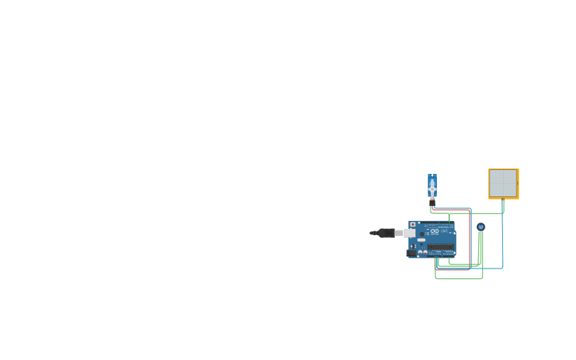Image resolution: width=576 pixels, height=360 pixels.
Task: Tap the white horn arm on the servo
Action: [432, 189]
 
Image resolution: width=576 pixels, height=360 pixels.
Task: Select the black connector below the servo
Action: [432, 203]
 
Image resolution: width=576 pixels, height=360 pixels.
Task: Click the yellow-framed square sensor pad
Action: [503, 184]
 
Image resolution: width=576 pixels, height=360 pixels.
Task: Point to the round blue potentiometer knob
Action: [481, 226]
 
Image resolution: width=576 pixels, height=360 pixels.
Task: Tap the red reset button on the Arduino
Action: [412, 225]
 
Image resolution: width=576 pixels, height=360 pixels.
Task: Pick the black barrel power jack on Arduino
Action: [412, 253]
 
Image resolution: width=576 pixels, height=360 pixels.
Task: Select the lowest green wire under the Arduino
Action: [458, 278]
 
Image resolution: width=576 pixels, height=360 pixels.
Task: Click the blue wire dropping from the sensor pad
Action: [502, 238]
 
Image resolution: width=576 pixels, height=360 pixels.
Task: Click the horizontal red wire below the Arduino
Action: [452, 270]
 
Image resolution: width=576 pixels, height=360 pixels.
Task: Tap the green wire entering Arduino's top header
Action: [449, 217]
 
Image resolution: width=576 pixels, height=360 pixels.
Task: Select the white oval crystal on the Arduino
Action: [421, 239]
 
